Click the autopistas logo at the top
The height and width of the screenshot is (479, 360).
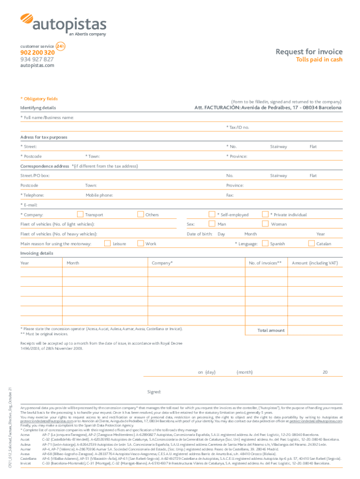pyautogui.click(x=63, y=24)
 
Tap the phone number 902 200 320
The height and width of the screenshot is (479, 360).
pyautogui.click(x=37, y=53)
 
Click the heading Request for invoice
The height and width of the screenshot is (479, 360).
pyautogui.click(x=309, y=51)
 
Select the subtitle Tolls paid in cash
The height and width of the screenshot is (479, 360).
pyautogui.click(x=320, y=60)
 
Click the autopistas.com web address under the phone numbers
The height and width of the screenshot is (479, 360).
pyautogui.click(x=37, y=66)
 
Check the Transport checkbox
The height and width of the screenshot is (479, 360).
pyautogui.click(x=79, y=215)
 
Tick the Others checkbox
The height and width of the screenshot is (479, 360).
pyautogui.click(x=140, y=215)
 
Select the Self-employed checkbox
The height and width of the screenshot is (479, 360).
pyautogui.click(x=212, y=215)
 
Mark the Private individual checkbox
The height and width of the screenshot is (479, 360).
pyautogui.click(x=266, y=215)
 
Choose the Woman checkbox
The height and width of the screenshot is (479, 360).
pyautogui.click(x=266, y=225)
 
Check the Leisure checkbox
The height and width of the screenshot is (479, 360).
pyautogui.click(x=107, y=243)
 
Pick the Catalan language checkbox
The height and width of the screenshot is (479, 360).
pyautogui.click(x=311, y=243)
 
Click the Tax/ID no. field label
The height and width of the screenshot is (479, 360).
pyautogui.click(x=238, y=127)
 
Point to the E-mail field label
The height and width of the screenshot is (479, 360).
pyautogui.click(x=29, y=205)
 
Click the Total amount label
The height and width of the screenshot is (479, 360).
pyautogui.click(x=271, y=330)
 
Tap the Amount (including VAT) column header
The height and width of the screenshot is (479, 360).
pyautogui.click(x=315, y=263)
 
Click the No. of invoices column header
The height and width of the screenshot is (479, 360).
pyautogui.click(x=265, y=263)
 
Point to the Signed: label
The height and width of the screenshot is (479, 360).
pyautogui.click(x=154, y=392)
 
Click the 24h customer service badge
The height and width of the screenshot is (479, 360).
pyautogui.click(x=60, y=46)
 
